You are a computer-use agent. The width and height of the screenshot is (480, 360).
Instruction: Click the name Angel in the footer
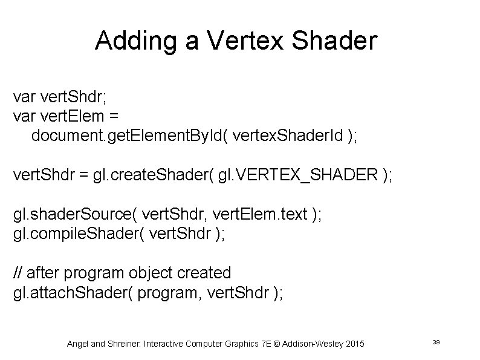coord(78,344)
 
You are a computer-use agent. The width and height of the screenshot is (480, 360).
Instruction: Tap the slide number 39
coord(436,343)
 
